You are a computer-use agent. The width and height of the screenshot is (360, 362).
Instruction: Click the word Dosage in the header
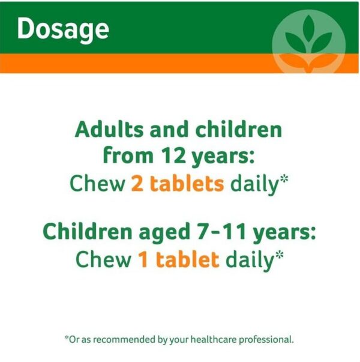click(x=63, y=28)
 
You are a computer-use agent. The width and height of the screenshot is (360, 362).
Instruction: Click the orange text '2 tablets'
click(x=177, y=184)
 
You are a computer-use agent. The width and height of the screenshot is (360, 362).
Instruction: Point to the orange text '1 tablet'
click(x=177, y=259)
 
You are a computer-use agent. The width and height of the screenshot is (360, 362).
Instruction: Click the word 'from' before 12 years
click(x=124, y=157)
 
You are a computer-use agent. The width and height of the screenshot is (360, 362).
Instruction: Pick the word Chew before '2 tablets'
click(x=97, y=184)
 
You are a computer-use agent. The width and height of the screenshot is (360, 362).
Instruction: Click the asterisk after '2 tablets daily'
click(x=284, y=180)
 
